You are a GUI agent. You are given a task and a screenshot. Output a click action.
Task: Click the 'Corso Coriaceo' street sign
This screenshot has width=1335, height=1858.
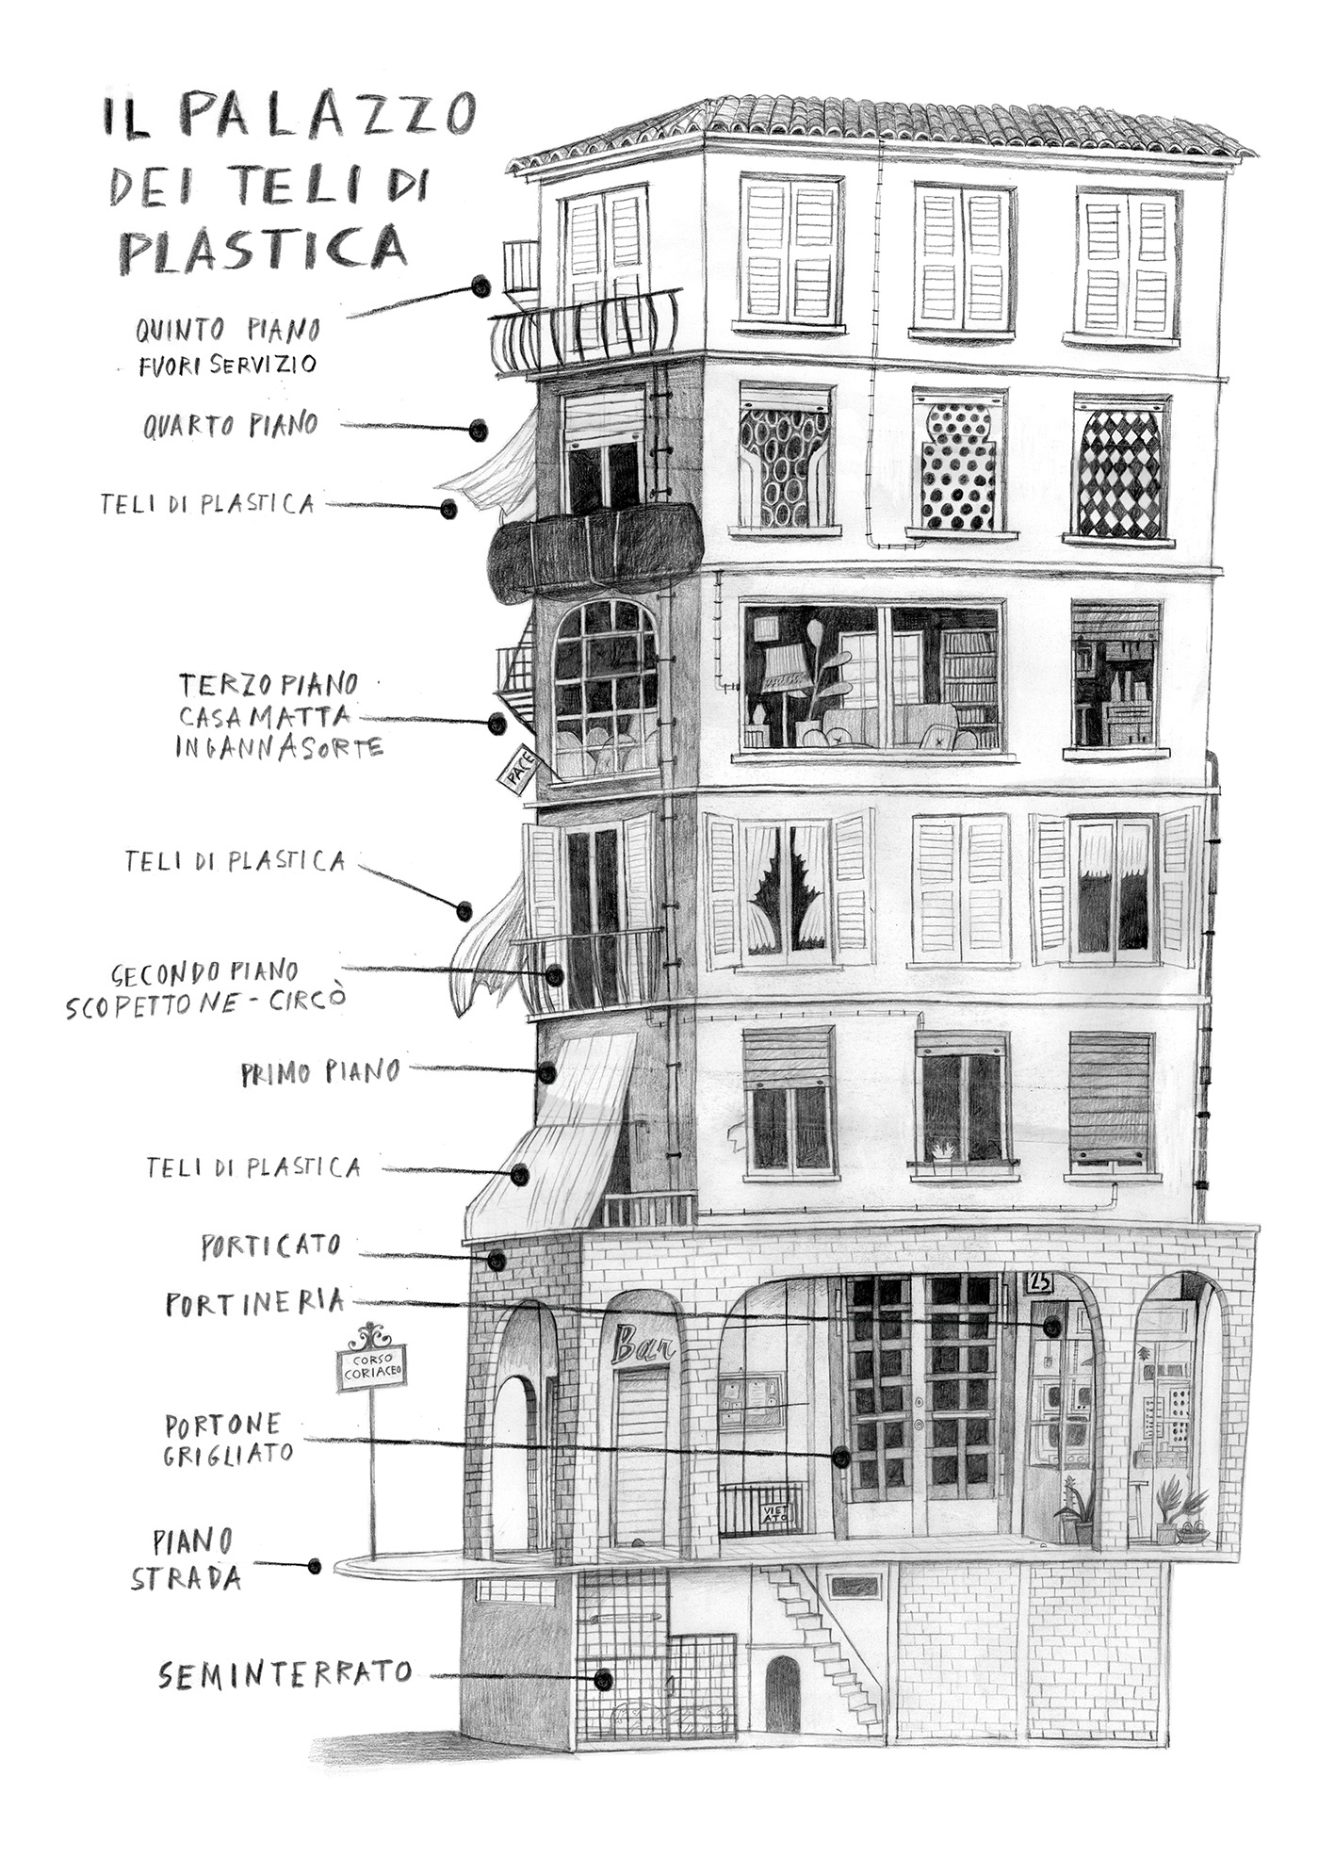(x=372, y=1368)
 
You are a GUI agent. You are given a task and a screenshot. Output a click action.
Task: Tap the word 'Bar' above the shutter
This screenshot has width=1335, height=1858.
(x=643, y=1346)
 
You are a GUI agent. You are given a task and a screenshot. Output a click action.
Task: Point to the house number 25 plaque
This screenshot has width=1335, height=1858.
(x=1040, y=1282)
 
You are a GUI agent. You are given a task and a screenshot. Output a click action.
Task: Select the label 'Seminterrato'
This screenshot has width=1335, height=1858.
(x=285, y=1673)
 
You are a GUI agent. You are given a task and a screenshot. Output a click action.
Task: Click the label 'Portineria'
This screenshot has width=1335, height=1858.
(x=255, y=1304)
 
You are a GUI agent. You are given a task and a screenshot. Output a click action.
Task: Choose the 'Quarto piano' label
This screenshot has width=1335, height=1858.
(x=231, y=426)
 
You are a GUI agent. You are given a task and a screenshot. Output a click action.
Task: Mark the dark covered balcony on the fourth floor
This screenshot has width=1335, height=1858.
(x=596, y=550)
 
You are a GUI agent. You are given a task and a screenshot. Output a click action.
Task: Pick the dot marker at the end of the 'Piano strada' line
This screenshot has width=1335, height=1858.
(x=315, y=1566)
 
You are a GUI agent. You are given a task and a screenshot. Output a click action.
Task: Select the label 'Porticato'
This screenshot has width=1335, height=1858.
(x=270, y=1247)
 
